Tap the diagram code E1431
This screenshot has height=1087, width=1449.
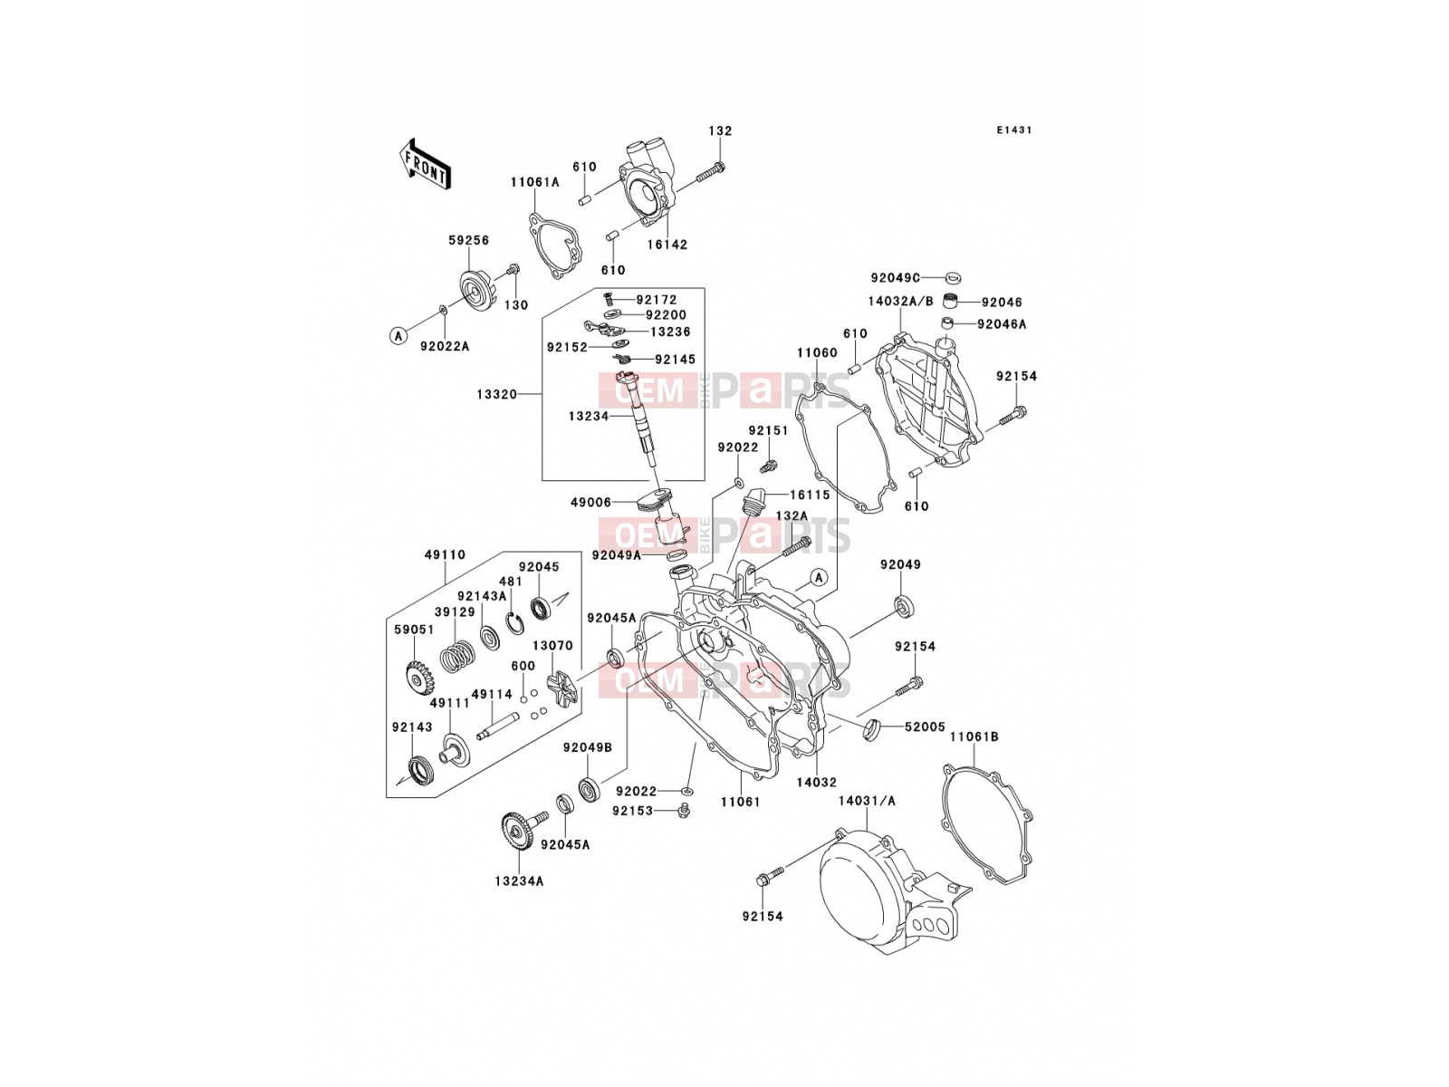(1014, 130)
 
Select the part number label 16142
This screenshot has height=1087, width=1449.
(667, 245)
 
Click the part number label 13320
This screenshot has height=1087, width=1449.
(496, 395)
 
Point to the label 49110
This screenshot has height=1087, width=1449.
(445, 555)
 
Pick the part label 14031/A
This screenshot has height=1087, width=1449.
(867, 801)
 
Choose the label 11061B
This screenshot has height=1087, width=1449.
(974, 736)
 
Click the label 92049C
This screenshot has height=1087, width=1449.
(895, 278)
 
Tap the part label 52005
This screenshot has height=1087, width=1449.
(925, 726)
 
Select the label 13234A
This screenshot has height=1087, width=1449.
(519, 881)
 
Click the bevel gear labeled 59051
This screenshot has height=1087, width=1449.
(418, 679)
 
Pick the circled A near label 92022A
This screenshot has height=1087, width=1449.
(398, 336)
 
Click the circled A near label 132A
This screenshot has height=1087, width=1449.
(819, 578)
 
